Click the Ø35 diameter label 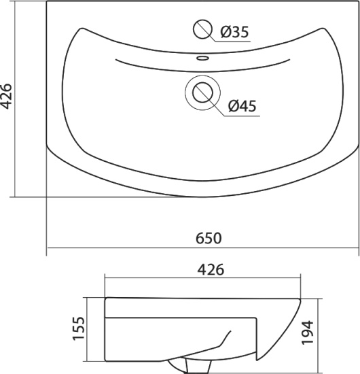coord(234,32)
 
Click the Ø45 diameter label coord(242,106)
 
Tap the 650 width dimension coord(209,238)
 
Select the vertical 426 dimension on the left coord(6,96)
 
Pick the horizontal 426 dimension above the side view coord(211,269)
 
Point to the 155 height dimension coord(79,328)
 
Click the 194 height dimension coord(308,333)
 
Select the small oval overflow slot coord(202,58)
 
